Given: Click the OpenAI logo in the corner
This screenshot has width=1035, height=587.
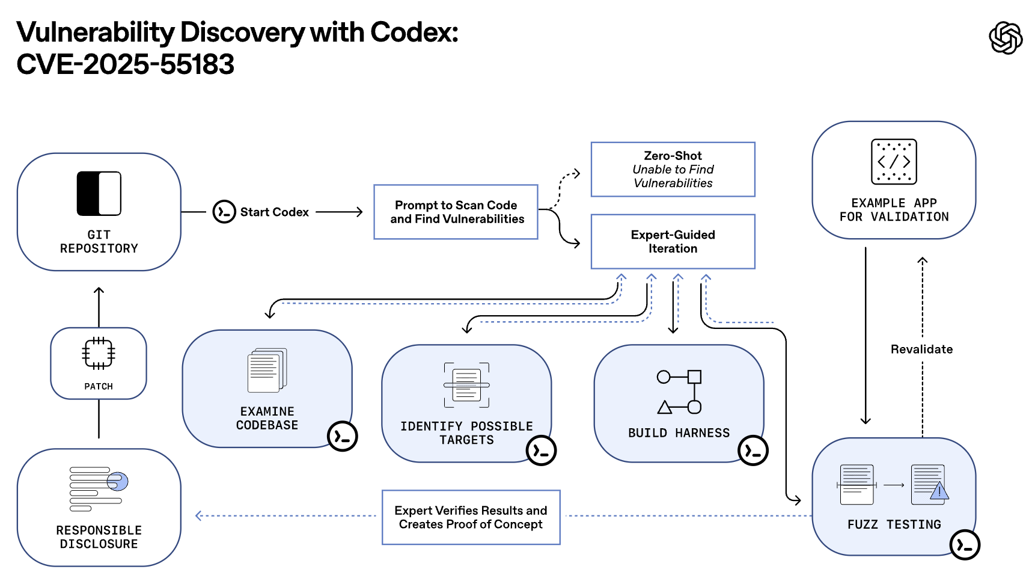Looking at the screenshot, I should [1006, 38].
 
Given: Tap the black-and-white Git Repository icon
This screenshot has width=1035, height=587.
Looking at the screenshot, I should [99, 194].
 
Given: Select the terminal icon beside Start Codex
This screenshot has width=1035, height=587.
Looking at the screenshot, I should [224, 212].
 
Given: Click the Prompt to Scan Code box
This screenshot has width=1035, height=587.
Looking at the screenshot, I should [456, 212].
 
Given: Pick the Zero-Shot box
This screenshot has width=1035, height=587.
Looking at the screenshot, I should [673, 170].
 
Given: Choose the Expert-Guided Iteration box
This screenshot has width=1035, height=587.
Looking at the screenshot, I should [673, 241].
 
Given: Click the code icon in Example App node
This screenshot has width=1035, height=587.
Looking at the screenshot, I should [894, 161].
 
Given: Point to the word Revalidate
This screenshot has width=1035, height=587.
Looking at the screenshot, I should [921, 349].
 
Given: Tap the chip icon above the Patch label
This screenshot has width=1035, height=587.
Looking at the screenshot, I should [99, 354].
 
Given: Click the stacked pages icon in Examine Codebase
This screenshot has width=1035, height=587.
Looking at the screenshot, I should [267, 370].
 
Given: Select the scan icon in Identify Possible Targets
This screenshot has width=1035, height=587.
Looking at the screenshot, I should [466, 385].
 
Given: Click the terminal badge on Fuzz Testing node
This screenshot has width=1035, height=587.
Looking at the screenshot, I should [965, 545].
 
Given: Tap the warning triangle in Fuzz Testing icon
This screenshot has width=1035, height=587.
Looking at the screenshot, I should [939, 492].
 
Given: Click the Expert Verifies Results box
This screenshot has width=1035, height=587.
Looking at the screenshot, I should [471, 517].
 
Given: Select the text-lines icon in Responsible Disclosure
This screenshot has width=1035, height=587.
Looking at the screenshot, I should [99, 488].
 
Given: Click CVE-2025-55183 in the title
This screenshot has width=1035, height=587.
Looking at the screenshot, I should [125, 64].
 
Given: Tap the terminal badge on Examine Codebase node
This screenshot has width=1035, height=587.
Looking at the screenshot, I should [342, 436].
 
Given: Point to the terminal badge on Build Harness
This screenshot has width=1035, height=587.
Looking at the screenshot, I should [753, 450].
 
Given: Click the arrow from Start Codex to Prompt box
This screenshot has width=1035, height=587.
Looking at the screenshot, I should [340, 212].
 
